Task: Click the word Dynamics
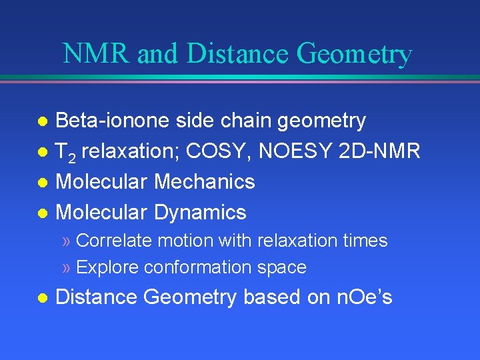(200, 213)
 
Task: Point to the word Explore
(108, 268)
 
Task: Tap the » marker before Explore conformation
(66, 268)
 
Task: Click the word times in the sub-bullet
(367, 241)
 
